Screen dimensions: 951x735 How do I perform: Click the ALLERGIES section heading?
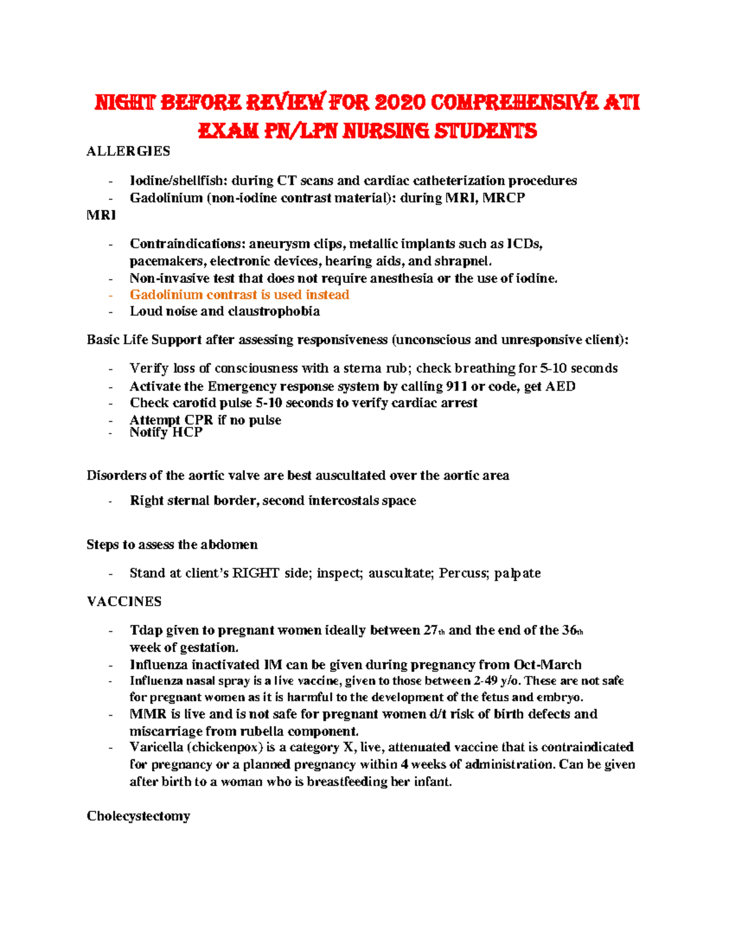(128, 151)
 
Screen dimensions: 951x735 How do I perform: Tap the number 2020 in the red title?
(399, 102)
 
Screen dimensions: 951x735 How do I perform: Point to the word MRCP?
(503, 198)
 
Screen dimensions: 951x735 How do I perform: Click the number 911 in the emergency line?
(457, 386)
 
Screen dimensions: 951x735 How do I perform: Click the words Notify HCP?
(166, 432)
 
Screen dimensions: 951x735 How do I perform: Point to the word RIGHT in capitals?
(256, 573)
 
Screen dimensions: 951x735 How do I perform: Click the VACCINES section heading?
(124, 601)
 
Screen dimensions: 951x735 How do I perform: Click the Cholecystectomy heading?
(138, 816)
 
